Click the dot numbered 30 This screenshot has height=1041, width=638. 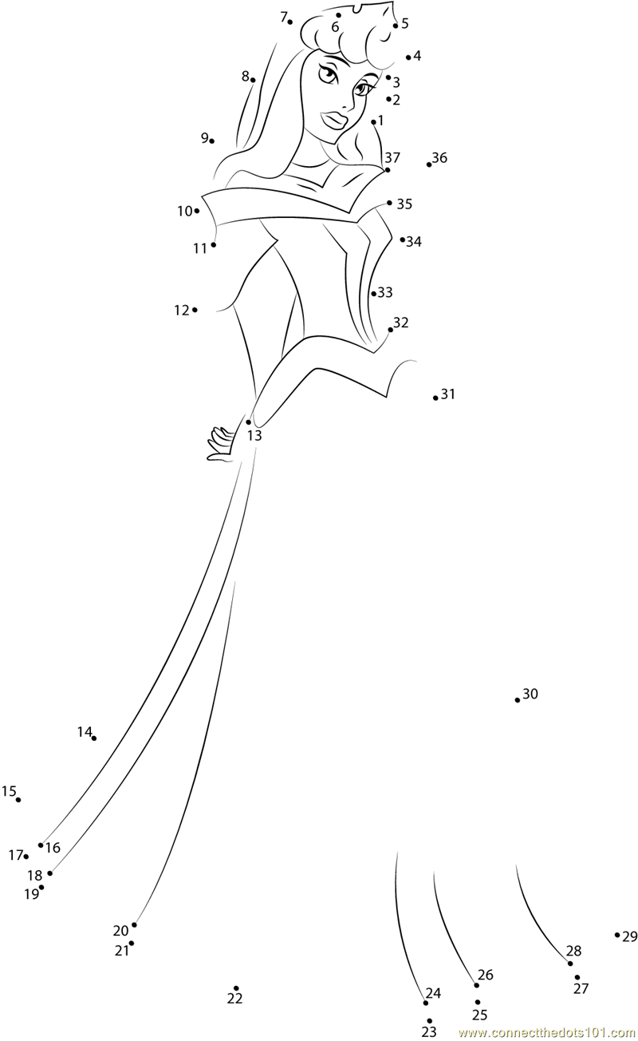(x=518, y=700)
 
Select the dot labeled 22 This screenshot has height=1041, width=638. (x=236, y=988)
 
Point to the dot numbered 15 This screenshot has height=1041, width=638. (x=18, y=799)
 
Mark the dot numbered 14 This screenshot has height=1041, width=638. (x=94, y=738)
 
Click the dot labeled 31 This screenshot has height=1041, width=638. (x=435, y=398)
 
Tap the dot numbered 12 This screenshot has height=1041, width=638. (x=195, y=310)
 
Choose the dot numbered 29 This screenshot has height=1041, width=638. (x=617, y=935)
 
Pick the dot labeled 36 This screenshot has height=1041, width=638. (x=429, y=164)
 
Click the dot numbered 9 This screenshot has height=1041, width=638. (x=212, y=141)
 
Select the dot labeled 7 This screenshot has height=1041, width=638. (x=290, y=22)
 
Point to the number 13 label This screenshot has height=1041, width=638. (x=254, y=436)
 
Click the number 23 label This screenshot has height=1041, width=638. (x=429, y=1032)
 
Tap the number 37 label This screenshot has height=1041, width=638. (x=392, y=157)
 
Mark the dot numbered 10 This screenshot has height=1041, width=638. (x=197, y=211)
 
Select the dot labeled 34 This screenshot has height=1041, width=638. (x=403, y=239)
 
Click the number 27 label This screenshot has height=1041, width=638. (x=581, y=988)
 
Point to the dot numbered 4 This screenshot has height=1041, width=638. (x=408, y=57)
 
